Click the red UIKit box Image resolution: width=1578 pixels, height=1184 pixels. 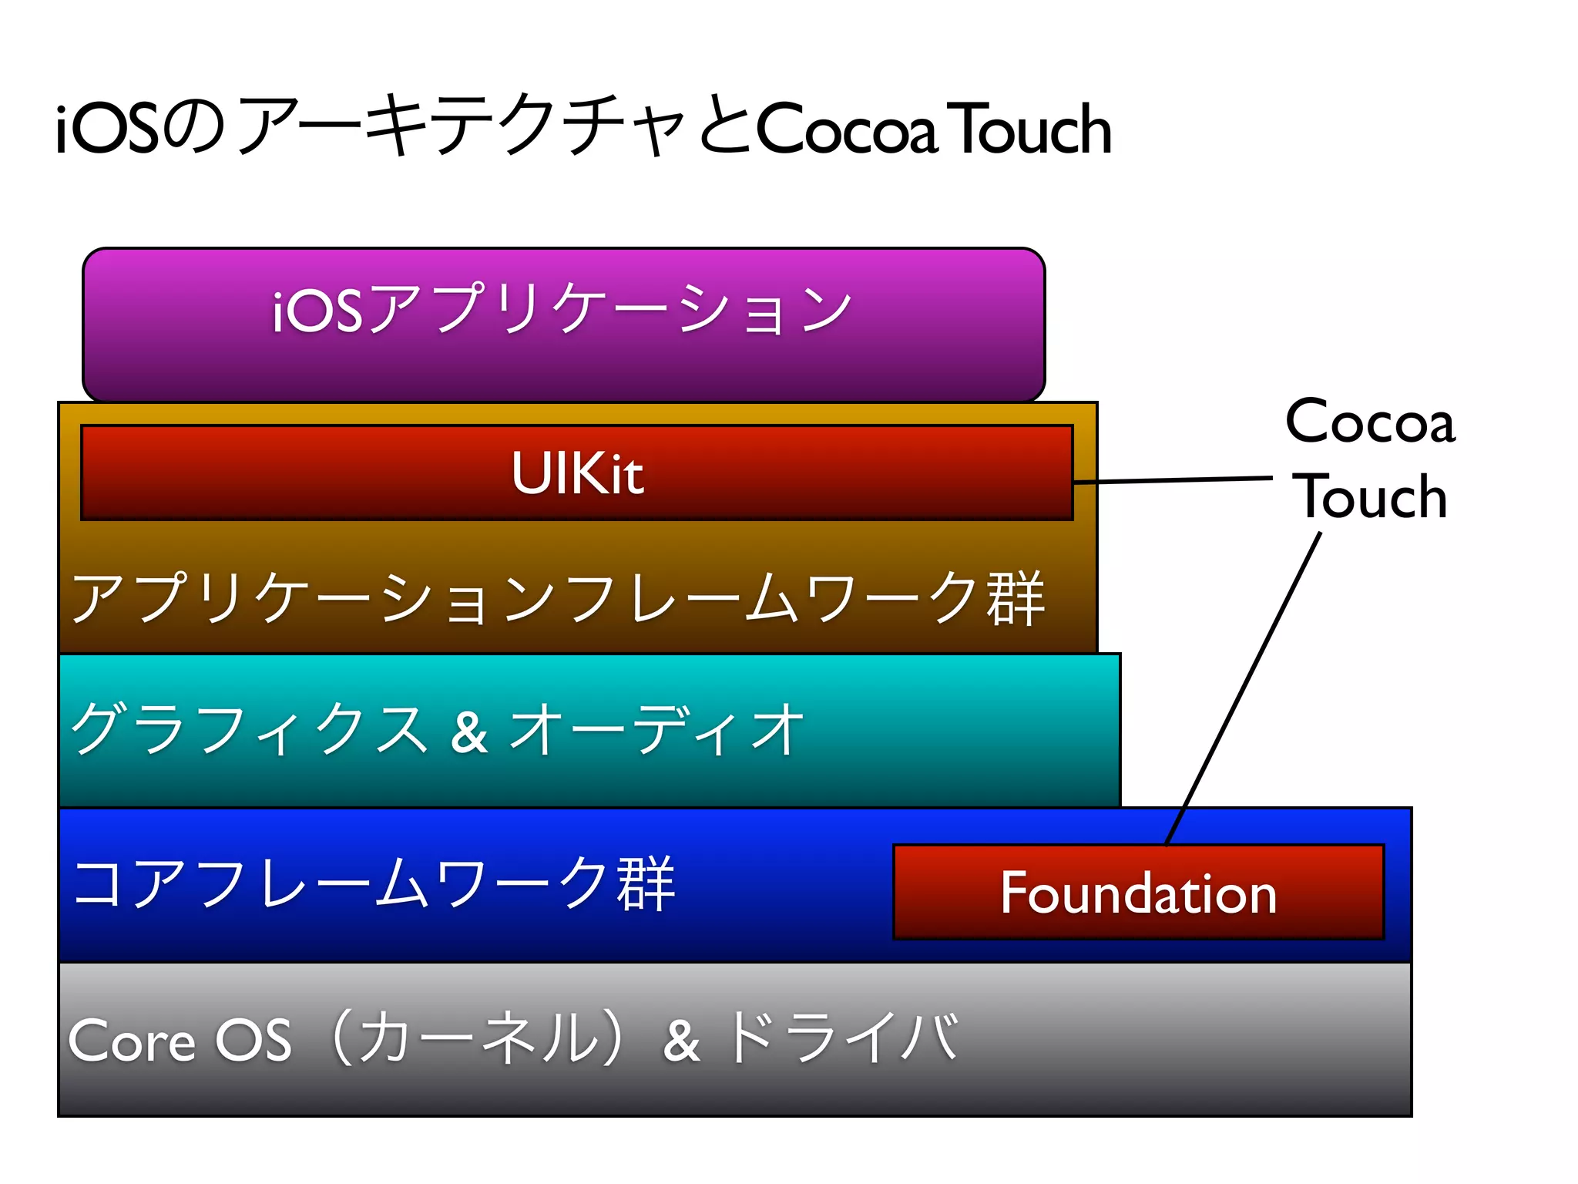tap(576, 473)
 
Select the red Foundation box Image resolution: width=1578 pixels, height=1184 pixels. tap(1138, 893)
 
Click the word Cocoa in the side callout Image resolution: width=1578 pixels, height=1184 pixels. tap(1370, 422)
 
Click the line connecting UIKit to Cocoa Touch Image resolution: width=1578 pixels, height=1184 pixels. tap(1171, 480)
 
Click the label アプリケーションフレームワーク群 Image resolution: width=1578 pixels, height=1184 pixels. tap(557, 598)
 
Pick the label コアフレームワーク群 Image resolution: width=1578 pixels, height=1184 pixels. tap(374, 883)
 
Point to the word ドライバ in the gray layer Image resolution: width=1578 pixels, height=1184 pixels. tap(841, 1038)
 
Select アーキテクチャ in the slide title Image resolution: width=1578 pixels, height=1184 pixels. tap(462, 125)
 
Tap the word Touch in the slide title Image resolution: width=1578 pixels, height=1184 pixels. tap(1032, 129)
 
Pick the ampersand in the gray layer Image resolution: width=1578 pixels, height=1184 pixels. tap(681, 1041)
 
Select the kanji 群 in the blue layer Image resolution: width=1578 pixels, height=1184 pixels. tap(646, 883)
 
